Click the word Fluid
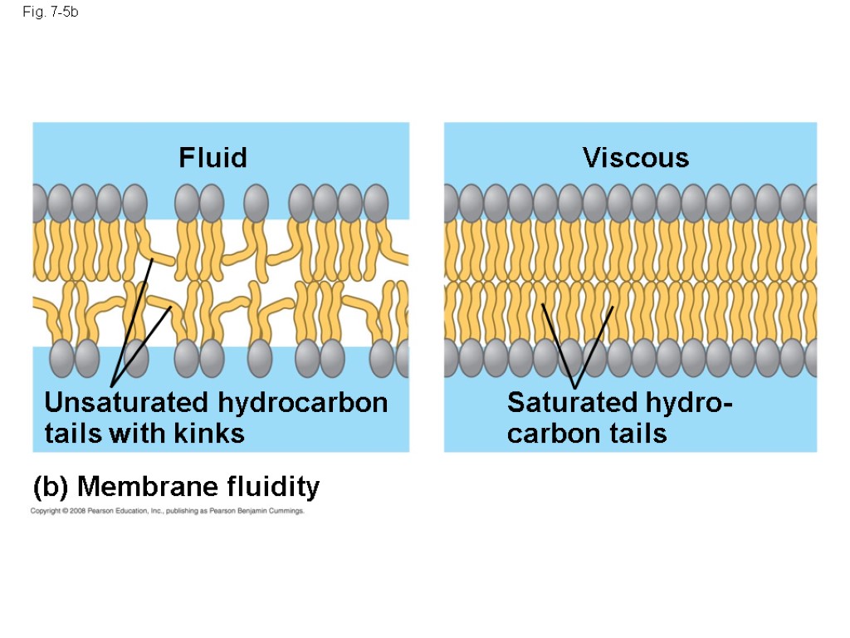tap(213, 158)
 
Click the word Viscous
tap(636, 158)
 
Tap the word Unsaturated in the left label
tap(127, 403)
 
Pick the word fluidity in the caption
tap(276, 487)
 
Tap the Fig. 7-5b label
tap(51, 13)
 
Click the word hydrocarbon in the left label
tap(303, 403)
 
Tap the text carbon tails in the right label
tap(587, 433)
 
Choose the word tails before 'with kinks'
tap(73, 433)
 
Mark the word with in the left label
tap(139, 433)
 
